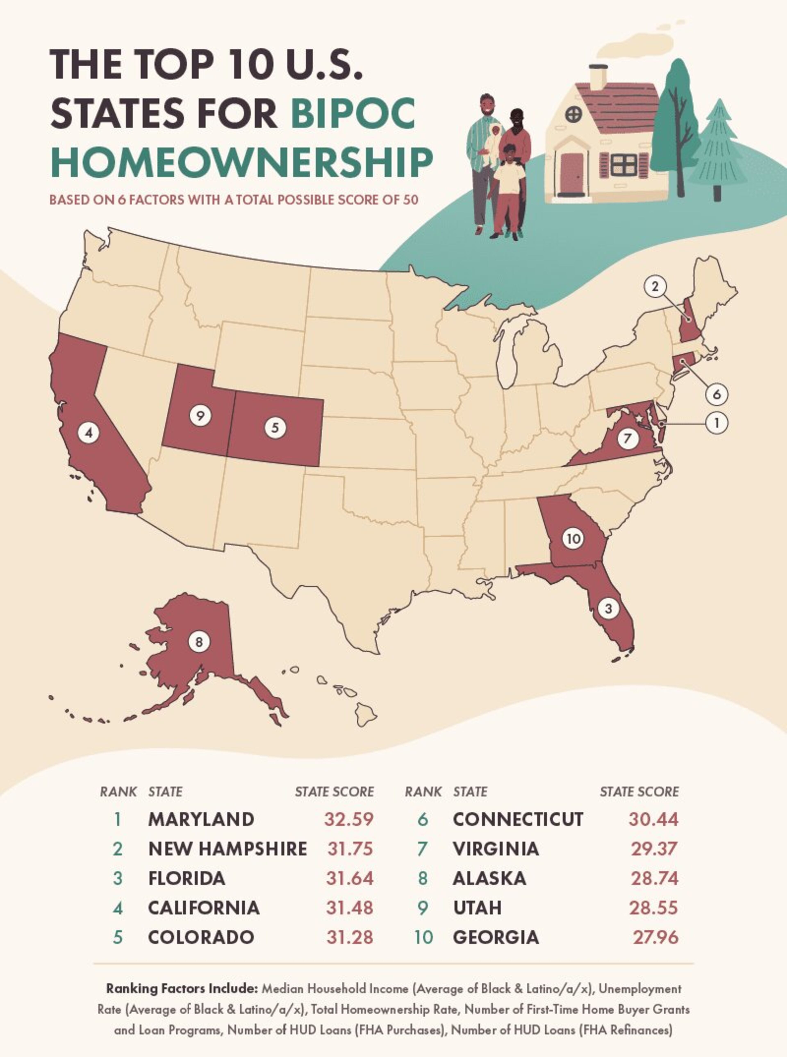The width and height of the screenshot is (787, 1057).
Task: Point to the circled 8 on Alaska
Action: pos(199,642)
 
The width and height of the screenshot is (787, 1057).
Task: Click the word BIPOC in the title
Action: pos(353,113)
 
